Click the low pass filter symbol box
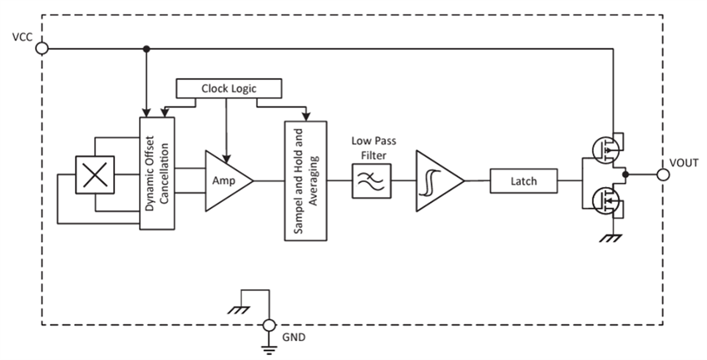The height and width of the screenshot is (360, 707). pos(367,180)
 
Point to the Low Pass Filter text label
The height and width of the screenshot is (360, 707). pos(367,146)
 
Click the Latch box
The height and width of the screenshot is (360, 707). pos(523,180)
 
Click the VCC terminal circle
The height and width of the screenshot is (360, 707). pos(42,48)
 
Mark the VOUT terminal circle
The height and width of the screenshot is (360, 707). pos(662,175)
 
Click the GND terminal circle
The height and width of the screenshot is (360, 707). pos(269,325)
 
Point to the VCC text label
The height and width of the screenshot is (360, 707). pos(22,37)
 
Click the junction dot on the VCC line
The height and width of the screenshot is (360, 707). pos(147,48)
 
